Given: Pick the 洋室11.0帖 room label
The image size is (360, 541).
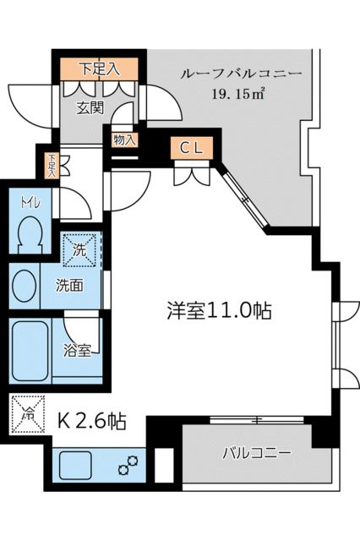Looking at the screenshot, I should [218, 310].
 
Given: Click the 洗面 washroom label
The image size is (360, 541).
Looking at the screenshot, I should [69, 286].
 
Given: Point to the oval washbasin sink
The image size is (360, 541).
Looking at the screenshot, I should [25, 285].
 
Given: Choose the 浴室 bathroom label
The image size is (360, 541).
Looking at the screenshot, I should [79, 350].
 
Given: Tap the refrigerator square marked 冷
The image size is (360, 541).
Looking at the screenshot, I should [28, 414].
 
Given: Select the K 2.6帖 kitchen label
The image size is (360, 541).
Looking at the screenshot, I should [90, 420].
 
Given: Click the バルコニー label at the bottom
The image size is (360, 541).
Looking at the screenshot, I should [256, 453].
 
